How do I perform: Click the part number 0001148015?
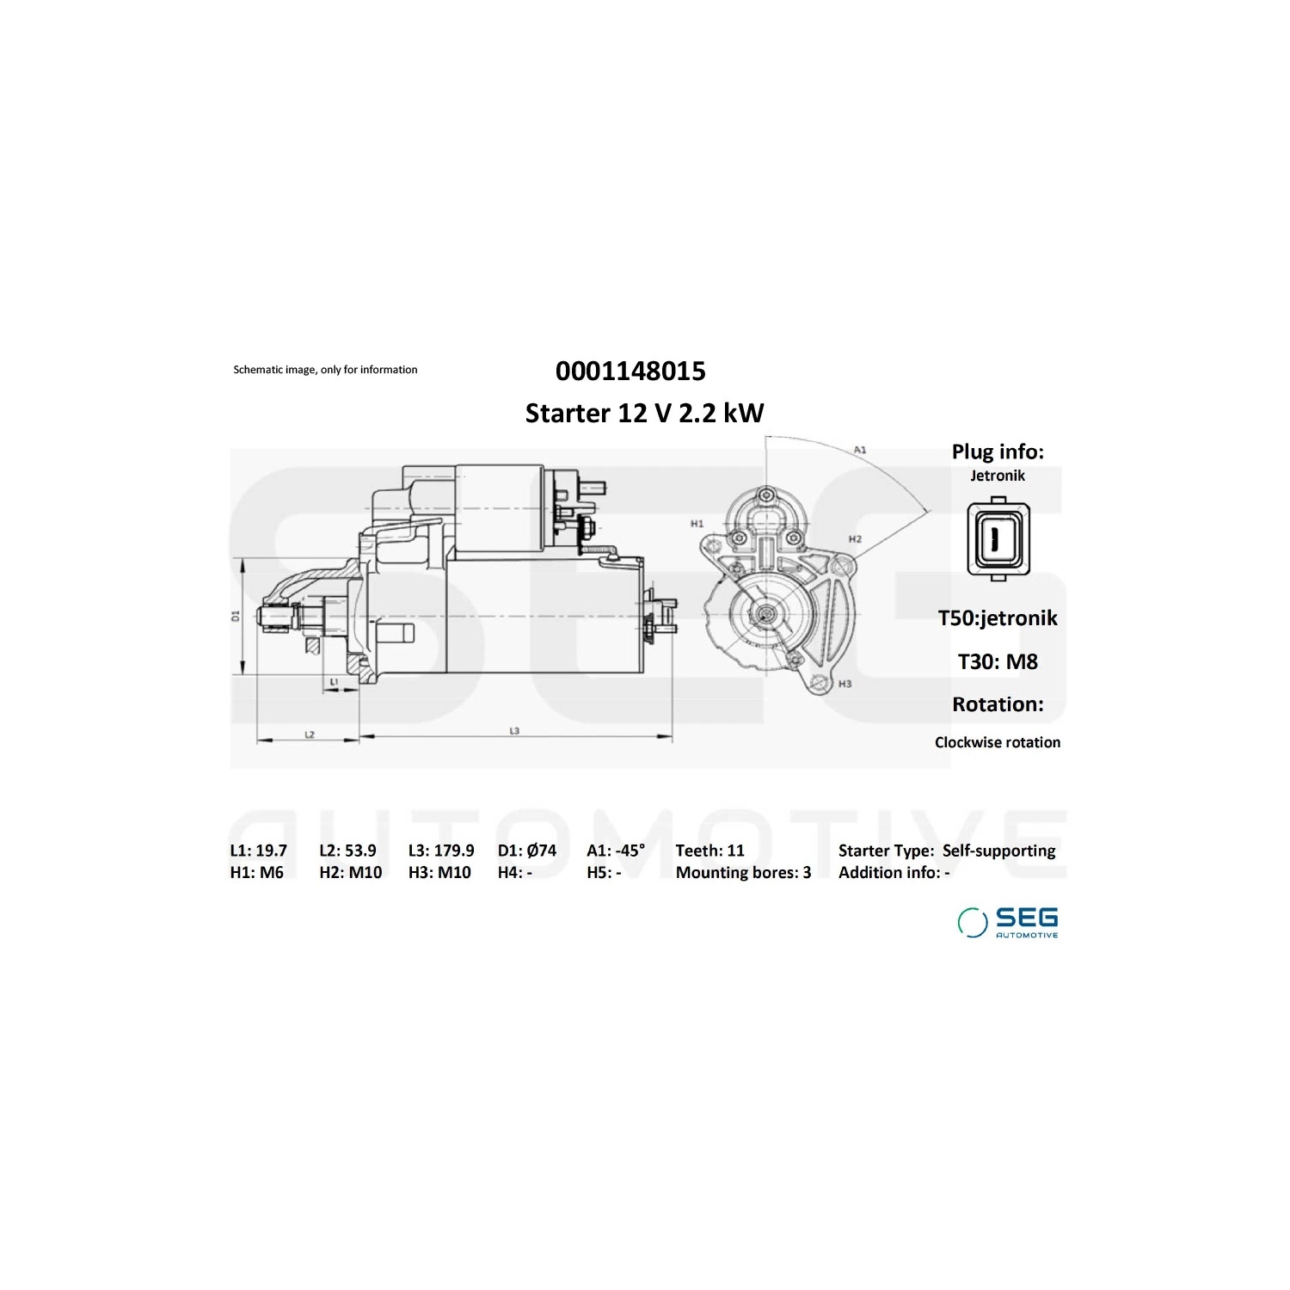(630, 371)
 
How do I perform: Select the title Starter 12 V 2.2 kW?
(644, 413)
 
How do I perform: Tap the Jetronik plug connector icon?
(998, 539)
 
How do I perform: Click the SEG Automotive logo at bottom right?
(1008, 922)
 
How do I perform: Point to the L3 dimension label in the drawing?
(514, 731)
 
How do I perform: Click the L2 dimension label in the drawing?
(310, 734)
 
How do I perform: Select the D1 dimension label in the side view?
(235, 616)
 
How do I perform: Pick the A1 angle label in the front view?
(860, 449)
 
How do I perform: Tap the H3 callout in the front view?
(845, 684)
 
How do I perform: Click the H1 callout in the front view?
(697, 523)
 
